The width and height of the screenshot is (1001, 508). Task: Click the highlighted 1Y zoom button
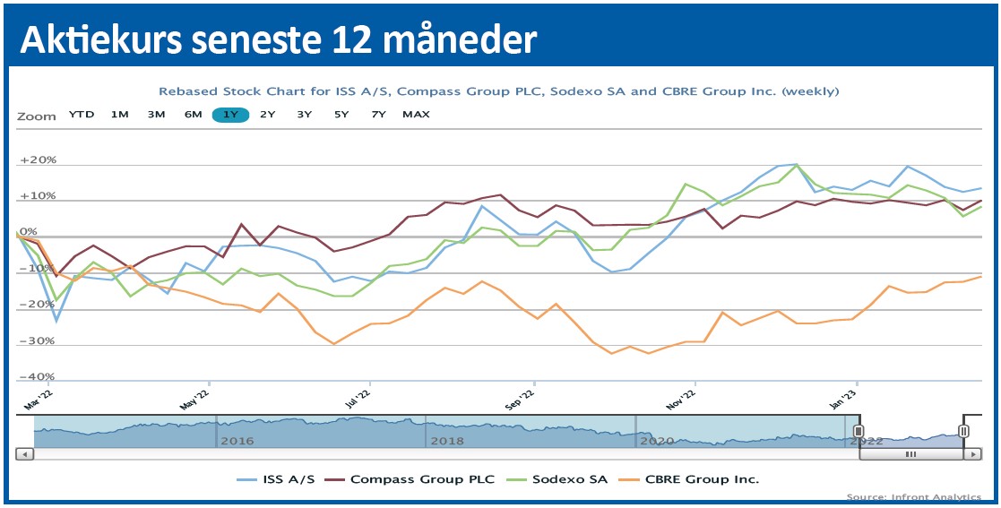point(230,115)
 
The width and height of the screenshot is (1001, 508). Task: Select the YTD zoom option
point(82,115)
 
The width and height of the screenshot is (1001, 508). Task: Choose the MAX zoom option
point(416,115)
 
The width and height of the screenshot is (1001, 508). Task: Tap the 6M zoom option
point(193,115)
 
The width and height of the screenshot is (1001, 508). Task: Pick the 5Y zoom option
point(341,115)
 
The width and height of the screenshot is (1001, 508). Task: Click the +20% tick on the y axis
point(38,160)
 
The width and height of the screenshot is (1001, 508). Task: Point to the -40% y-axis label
point(38,377)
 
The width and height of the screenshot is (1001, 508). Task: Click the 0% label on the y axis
point(29,232)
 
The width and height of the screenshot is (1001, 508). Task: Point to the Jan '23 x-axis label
point(854,398)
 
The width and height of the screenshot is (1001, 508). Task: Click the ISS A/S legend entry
point(276,479)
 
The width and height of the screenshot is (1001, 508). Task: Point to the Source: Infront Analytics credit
point(913,497)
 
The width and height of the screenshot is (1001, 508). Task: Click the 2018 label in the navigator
point(448,441)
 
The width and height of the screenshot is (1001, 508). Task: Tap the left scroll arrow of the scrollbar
point(25,454)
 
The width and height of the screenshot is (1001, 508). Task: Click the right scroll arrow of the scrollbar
point(971,454)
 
